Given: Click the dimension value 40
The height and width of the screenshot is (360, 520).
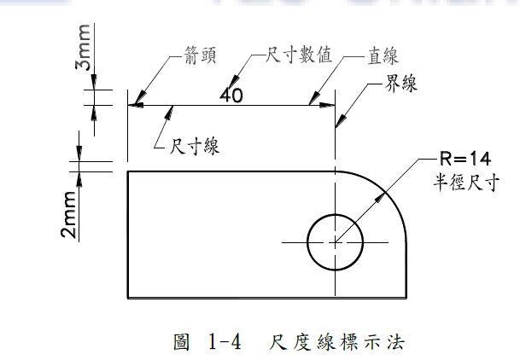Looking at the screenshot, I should tap(231, 95).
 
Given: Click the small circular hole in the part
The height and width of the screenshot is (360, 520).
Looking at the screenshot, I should tap(335, 241).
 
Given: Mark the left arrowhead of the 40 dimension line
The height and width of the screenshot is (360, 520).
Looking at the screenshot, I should tap(134, 105).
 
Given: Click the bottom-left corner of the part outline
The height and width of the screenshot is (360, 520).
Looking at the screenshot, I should tap(128, 298).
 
